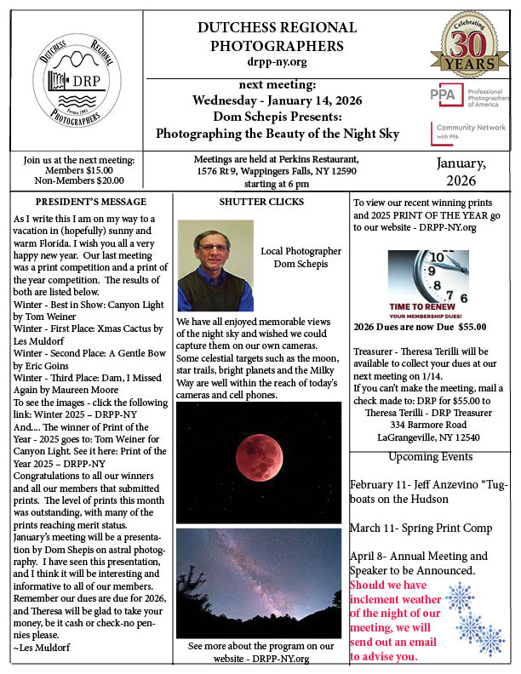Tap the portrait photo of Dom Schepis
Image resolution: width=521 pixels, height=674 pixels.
tap(215, 265)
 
